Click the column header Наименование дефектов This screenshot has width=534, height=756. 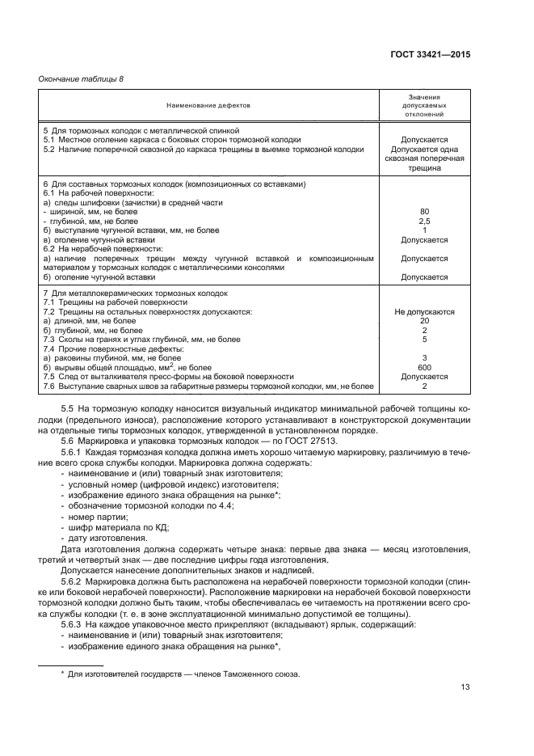(x=209, y=105)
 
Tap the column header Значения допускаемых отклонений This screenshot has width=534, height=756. (x=424, y=105)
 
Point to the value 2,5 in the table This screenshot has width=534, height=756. (x=424, y=221)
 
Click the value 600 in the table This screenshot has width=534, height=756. (x=424, y=366)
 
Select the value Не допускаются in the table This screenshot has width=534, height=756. (x=424, y=311)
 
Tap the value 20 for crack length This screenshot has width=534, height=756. (x=424, y=321)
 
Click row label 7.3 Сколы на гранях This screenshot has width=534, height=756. (x=141, y=340)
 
